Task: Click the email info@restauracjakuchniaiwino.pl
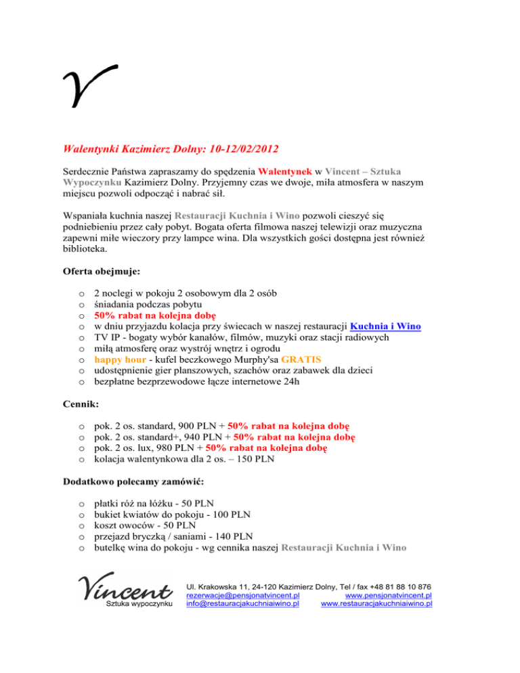tap(242, 604)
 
